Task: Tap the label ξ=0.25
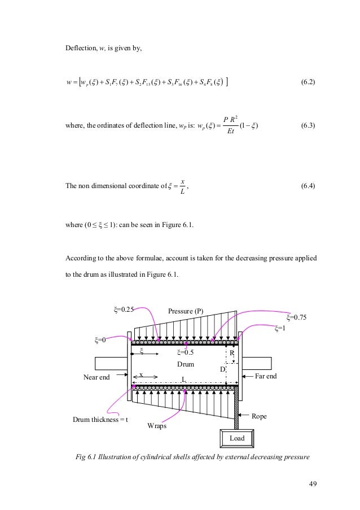[123, 309]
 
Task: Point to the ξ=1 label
[279, 328]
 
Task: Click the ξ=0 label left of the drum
[100, 339]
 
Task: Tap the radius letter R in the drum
[231, 353]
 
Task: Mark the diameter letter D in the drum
[222, 369]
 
